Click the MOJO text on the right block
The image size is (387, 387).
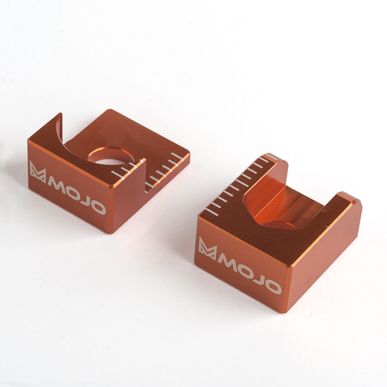[249, 274]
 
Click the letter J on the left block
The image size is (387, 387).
[86, 200]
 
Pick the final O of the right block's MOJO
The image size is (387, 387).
[274, 287]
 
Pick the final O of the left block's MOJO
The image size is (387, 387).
[99, 207]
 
